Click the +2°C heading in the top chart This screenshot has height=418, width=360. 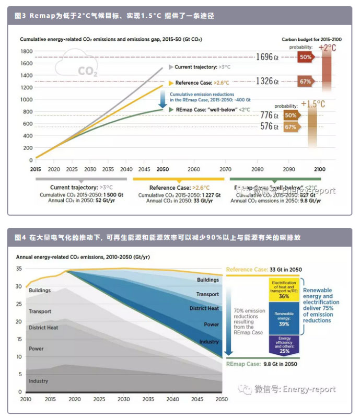click(x=327, y=48)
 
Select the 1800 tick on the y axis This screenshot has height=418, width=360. click(x=26, y=51)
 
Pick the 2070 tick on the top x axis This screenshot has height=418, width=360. click(x=225, y=170)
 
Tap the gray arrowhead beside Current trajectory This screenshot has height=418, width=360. click(x=170, y=67)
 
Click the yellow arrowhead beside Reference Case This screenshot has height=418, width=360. click(x=170, y=83)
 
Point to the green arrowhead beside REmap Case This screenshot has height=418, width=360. click(x=170, y=109)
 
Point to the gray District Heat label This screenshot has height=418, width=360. click(x=43, y=328)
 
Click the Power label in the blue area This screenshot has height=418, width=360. click(x=211, y=324)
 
